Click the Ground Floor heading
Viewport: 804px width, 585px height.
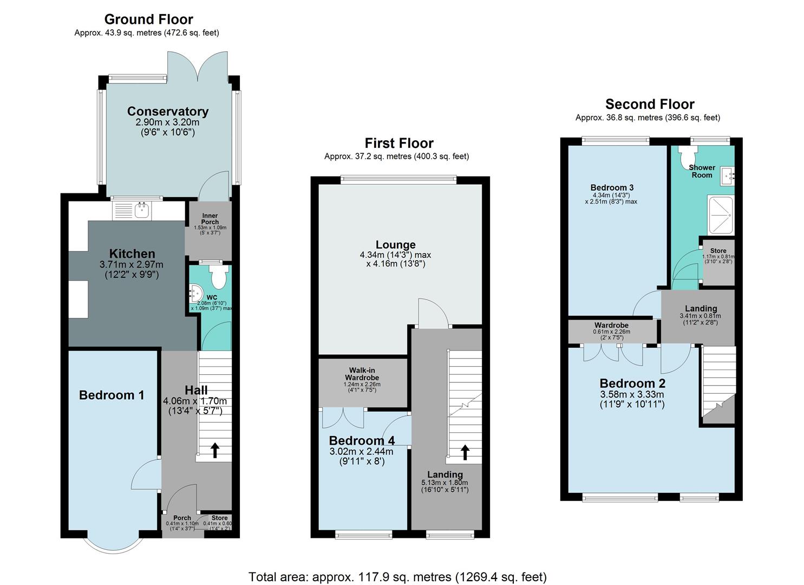(148, 19)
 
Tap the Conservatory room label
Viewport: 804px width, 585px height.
(167, 112)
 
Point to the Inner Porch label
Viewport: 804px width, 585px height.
(210, 219)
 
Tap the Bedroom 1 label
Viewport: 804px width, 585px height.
(112, 395)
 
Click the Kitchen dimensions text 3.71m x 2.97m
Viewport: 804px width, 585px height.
(131, 265)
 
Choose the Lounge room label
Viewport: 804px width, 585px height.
(395, 245)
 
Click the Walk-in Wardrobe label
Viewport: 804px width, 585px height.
(362, 374)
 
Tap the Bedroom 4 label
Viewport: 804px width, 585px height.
(362, 440)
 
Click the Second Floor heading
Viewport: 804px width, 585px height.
(649, 104)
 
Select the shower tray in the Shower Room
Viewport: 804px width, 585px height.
(720, 214)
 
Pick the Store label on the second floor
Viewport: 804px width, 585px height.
(718, 251)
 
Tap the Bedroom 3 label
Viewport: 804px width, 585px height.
(612, 188)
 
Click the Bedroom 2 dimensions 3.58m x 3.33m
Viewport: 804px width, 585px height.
(631, 394)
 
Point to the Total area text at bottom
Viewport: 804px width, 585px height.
(397, 577)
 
